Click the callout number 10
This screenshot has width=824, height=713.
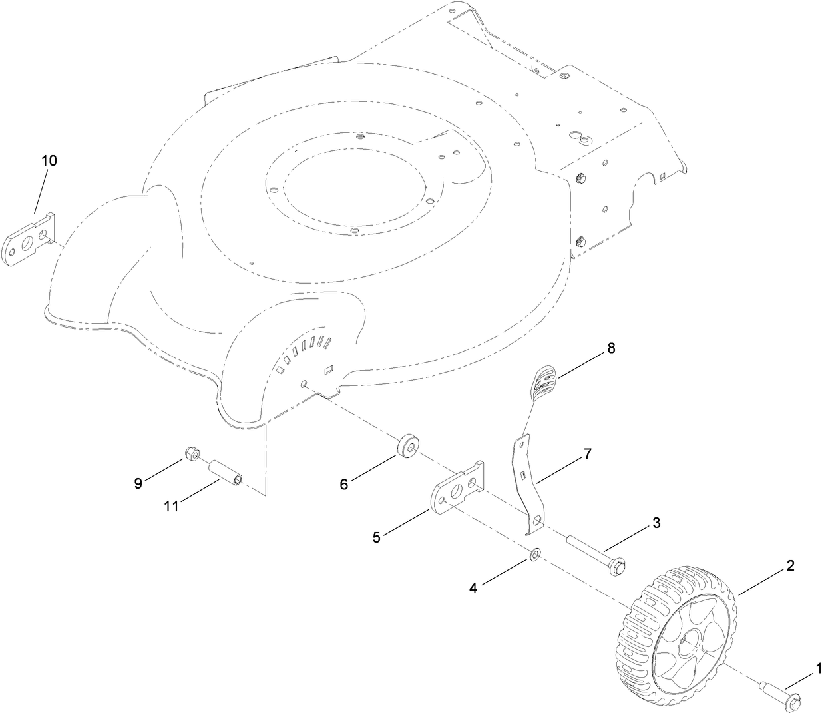tap(50, 160)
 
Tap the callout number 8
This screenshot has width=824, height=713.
tap(611, 348)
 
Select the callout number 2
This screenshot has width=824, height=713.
tap(790, 566)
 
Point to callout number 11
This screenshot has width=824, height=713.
tap(172, 507)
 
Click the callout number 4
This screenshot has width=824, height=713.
tap(473, 588)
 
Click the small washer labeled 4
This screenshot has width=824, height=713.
tap(535, 554)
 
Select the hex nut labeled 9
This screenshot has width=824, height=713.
tap(190, 453)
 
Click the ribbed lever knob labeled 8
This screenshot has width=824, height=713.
tap(544, 385)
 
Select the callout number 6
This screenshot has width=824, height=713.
tap(344, 485)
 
